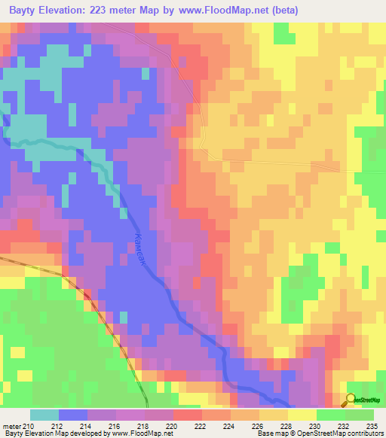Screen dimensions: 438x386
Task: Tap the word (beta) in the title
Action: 284,11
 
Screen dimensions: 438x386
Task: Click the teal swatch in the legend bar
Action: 44,415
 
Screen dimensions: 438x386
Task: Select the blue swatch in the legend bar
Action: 72,415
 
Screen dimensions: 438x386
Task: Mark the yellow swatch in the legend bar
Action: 302,415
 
